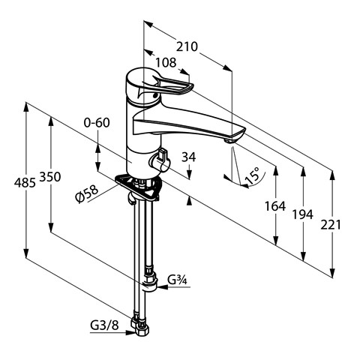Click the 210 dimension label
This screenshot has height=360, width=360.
187,46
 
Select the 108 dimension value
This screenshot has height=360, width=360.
166,62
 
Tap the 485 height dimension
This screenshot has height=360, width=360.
25,182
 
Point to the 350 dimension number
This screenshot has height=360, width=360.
50,177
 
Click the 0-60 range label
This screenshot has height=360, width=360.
97,122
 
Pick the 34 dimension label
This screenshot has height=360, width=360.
189,157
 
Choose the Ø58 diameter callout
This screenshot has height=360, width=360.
86,194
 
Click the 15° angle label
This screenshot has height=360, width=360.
252,175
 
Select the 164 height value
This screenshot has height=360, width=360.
275,206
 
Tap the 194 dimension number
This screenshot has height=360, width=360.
303,214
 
